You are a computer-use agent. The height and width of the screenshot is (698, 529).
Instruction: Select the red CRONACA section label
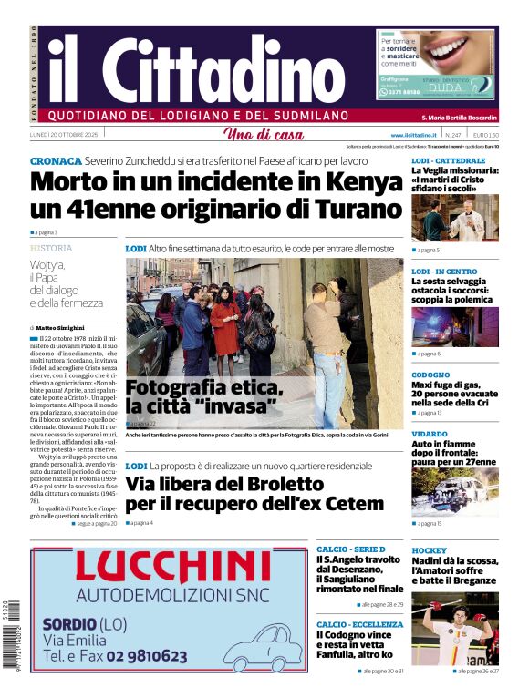coord(56,159)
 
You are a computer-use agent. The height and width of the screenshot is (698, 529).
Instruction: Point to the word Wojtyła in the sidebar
coord(52,263)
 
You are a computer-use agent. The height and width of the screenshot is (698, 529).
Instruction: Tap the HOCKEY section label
coord(430,551)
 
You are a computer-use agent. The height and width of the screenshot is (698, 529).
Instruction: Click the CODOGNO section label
coord(430,375)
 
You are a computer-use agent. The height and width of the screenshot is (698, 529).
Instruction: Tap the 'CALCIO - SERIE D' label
coord(350,549)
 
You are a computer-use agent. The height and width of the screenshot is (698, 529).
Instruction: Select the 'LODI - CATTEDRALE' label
coord(448,160)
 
